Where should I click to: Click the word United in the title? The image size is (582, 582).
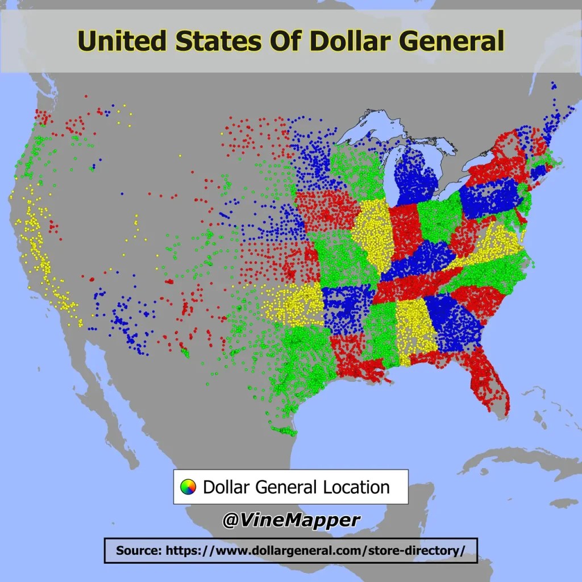[121, 41]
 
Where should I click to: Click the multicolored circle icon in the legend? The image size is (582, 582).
[188, 487]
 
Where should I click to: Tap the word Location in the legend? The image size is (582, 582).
[356, 487]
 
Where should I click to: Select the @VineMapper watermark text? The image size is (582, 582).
[290, 519]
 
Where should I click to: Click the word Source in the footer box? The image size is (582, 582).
[138, 550]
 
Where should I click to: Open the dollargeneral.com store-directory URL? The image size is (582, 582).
[315, 550]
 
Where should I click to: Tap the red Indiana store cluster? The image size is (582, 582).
[406, 230]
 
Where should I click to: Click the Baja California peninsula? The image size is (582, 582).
[108, 398]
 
